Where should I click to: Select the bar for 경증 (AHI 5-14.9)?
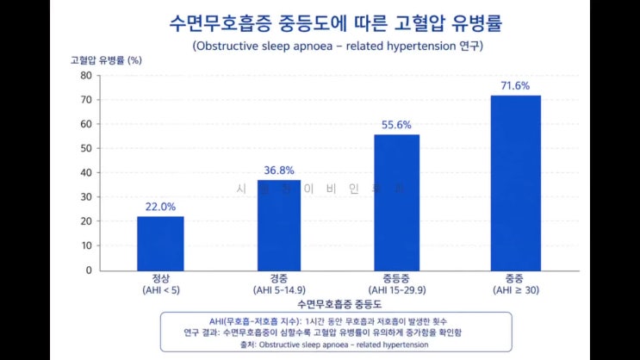tap(278, 225)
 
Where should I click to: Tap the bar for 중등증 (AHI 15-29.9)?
tap(396, 202)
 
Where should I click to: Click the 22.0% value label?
tap(160, 207)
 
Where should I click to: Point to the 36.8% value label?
tap(278, 171)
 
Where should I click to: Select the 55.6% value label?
tap(396, 125)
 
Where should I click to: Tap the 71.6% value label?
tap(515, 86)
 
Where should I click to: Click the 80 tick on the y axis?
tap(85, 75)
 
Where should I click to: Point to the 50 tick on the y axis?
tap(85, 148)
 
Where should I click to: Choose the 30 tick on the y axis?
tap(85, 197)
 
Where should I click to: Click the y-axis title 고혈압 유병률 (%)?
tap(106, 60)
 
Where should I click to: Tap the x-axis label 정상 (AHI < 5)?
tap(160, 285)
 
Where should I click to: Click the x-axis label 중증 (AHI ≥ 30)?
tap(515, 285)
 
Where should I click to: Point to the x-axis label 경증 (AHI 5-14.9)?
tap(278, 285)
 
